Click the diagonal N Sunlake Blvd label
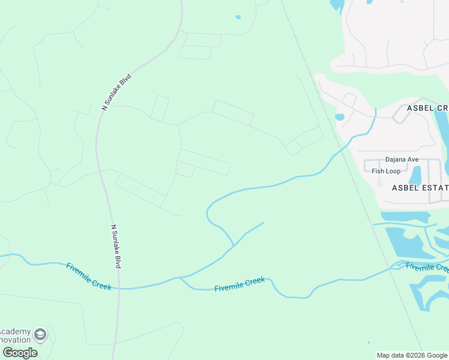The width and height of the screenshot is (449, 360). (116, 92)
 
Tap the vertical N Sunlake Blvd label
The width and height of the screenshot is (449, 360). (115, 247)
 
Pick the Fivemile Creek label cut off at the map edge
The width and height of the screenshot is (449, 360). (427, 267)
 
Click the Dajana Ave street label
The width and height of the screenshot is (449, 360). (402, 160)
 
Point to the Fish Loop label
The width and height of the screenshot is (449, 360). (386, 171)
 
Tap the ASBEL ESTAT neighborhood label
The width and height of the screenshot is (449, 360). (420, 188)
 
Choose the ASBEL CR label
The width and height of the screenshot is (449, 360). (427, 107)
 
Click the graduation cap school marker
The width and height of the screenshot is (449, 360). (40, 334)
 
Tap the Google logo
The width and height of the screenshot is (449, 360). (20, 353)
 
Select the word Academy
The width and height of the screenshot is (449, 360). (15, 332)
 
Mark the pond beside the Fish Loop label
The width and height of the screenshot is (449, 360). (415, 175)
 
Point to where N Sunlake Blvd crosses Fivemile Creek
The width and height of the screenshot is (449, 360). (119, 289)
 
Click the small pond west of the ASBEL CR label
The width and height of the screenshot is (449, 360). (340, 117)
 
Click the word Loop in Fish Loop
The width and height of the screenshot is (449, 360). (393, 171)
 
